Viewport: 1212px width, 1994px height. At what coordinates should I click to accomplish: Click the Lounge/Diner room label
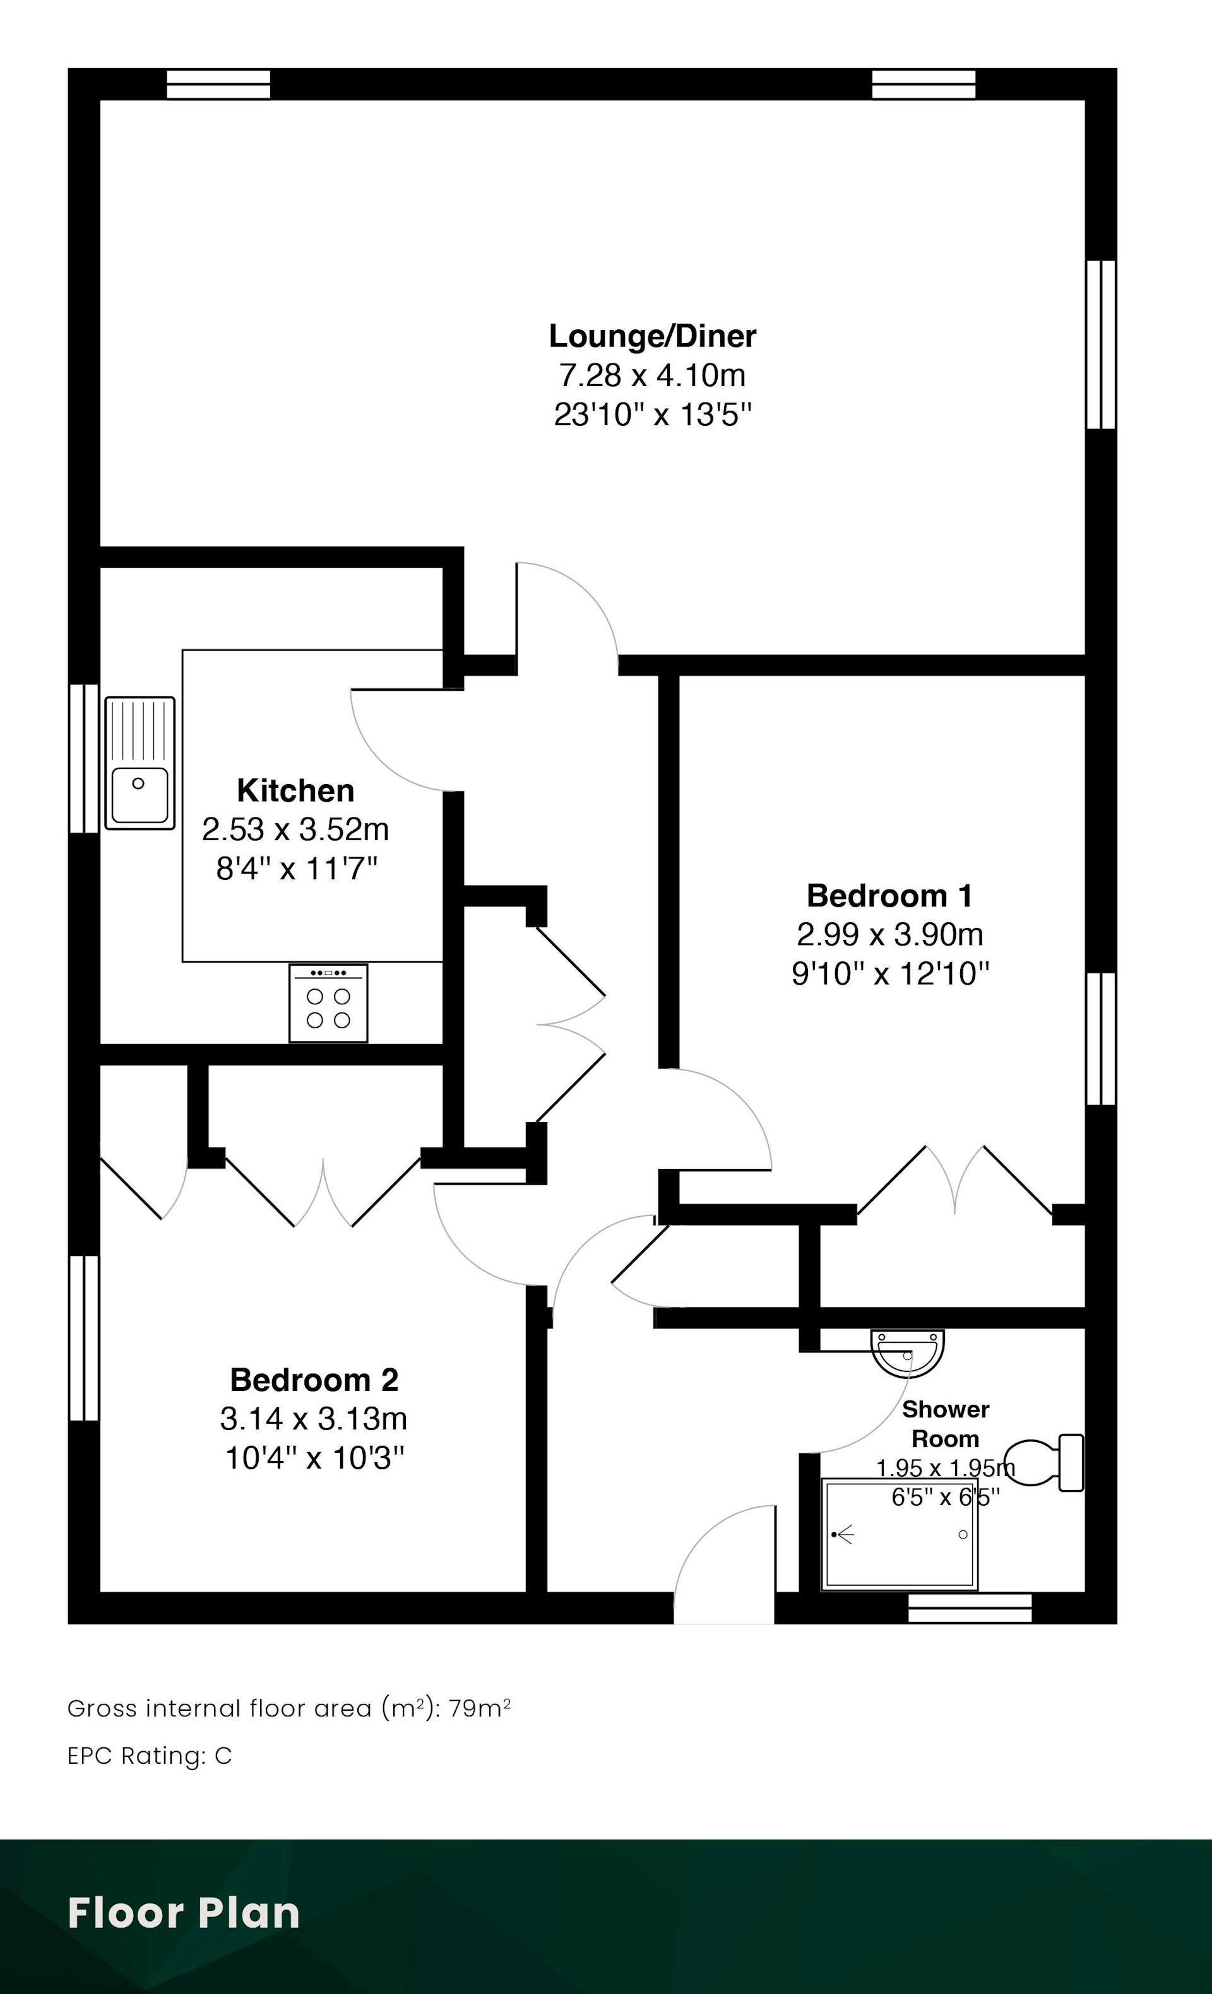tap(653, 336)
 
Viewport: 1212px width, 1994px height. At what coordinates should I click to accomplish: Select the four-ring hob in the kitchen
tap(328, 1002)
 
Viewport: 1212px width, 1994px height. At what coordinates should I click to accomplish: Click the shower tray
tap(900, 1534)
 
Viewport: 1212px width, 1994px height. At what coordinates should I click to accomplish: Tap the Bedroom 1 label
tap(890, 896)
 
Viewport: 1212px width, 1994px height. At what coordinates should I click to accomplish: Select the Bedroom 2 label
tap(314, 1380)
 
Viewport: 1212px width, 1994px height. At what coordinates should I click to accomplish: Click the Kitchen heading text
tap(295, 790)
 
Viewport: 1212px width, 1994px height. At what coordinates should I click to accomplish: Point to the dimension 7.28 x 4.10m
tap(653, 375)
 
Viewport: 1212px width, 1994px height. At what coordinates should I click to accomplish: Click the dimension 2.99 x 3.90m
tap(890, 935)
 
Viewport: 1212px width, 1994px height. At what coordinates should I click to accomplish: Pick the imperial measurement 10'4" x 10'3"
tap(314, 1458)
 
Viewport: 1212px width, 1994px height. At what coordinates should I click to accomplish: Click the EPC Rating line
tap(150, 1756)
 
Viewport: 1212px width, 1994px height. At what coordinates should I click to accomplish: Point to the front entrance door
tap(725, 1564)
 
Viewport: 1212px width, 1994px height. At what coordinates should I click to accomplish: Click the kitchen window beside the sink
tap(84, 758)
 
